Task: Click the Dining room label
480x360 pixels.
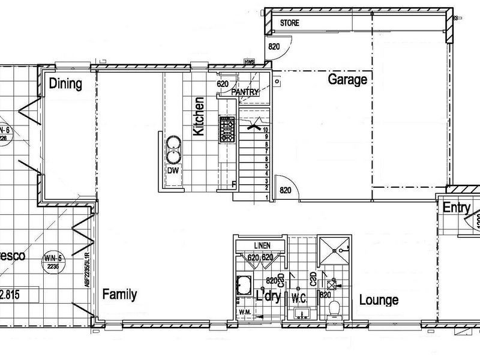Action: tap(65, 83)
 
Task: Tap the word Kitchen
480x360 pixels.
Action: tap(199, 116)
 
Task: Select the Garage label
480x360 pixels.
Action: tap(347, 80)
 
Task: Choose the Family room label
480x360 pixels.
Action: tap(119, 295)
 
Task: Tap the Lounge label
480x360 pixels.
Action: tap(379, 300)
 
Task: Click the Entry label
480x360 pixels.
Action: tap(457, 208)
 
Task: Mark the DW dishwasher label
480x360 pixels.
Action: tap(173, 170)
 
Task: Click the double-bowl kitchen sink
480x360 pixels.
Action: tap(173, 149)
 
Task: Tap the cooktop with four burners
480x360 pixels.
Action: tap(227, 129)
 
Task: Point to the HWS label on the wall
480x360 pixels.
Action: tap(249, 62)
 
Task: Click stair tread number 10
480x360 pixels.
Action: tap(265, 128)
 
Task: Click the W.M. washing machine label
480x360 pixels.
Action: tap(244, 311)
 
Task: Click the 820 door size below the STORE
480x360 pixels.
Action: tap(274, 47)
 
